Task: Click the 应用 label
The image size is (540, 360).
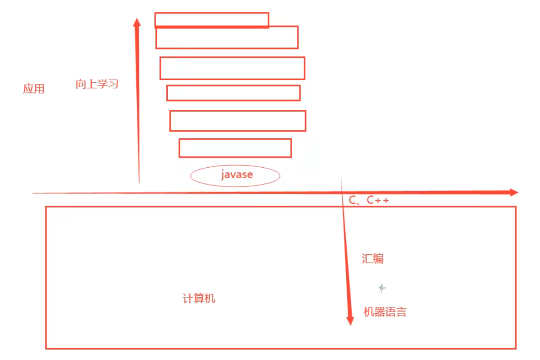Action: click(x=34, y=89)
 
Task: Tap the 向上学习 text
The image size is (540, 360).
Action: click(x=97, y=84)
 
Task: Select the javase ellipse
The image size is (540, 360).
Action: click(x=235, y=175)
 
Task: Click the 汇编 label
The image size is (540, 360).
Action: click(x=373, y=259)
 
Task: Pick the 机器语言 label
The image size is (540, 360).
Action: click(x=385, y=312)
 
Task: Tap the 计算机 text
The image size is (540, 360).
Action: click(x=199, y=298)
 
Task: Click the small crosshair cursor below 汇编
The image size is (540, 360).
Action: click(x=382, y=288)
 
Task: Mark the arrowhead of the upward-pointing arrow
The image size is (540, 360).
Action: click(x=137, y=22)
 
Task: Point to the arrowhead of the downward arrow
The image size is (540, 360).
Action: click(x=350, y=321)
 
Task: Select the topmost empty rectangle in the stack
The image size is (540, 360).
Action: click(x=212, y=20)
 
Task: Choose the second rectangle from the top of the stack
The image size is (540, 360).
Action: click(x=227, y=37)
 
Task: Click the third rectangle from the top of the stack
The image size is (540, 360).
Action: click(x=232, y=68)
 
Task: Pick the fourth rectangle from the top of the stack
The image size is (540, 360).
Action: click(x=233, y=93)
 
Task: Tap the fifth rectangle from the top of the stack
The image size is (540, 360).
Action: click(x=237, y=121)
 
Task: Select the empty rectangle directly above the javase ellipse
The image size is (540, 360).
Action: click(x=235, y=148)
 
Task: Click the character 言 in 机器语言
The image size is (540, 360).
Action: click(x=401, y=312)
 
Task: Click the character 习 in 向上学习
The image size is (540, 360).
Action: click(x=113, y=84)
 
